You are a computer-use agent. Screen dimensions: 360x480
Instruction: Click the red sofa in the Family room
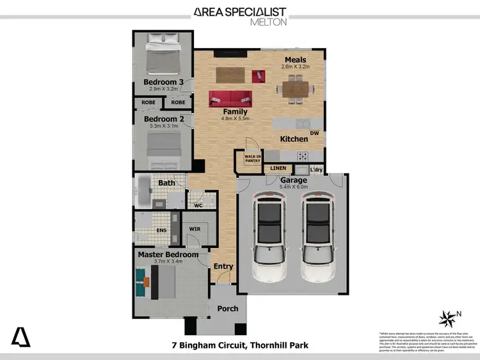pos(230,99)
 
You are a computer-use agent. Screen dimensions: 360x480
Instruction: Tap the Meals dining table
pos(295,88)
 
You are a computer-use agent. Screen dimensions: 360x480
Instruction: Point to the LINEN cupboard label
pos(278,168)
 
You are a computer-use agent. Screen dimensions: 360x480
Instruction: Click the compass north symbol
pos(448,318)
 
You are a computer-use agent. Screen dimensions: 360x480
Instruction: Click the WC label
pos(198,205)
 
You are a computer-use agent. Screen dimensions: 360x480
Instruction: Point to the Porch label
pos(227,308)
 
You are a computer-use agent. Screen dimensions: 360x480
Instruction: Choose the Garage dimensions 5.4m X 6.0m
pos(294,188)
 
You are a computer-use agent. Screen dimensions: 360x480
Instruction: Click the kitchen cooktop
pos(301,155)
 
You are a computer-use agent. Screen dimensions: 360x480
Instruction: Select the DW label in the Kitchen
pos(314,133)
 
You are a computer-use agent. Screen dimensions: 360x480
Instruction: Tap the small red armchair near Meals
pos(259,75)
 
